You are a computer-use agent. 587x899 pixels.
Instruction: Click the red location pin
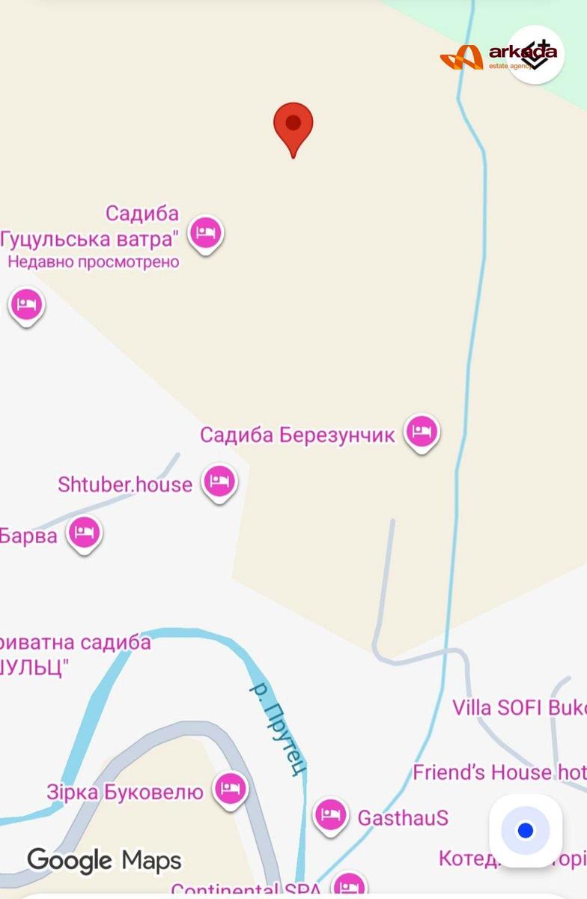click(293, 126)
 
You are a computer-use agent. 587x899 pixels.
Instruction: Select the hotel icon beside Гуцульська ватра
click(205, 232)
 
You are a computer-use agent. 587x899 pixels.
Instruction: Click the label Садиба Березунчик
click(296, 435)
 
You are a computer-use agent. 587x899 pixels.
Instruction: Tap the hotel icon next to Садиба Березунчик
click(422, 432)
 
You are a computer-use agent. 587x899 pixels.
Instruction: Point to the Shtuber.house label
click(125, 484)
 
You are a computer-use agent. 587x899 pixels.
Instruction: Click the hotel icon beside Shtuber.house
click(219, 481)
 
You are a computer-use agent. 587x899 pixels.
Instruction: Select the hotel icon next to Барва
click(85, 533)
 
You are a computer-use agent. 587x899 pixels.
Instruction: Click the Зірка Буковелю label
click(125, 792)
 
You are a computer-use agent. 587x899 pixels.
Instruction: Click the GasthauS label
click(403, 817)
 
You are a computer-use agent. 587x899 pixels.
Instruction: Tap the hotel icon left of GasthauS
click(330, 814)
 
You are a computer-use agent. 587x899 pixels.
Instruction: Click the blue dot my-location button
click(526, 830)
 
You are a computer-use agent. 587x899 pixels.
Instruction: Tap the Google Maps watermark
click(104, 859)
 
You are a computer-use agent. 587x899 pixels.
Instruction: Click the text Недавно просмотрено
click(94, 262)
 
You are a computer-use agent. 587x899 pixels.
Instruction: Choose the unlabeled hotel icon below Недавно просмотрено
click(26, 304)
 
